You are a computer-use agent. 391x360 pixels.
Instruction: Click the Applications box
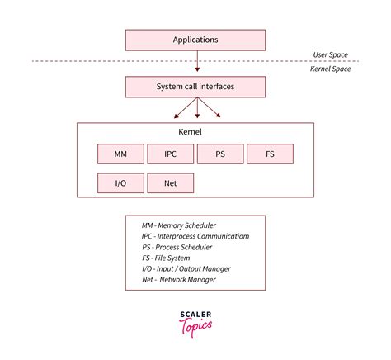(x=195, y=40)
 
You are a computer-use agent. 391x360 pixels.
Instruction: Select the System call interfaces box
(x=195, y=87)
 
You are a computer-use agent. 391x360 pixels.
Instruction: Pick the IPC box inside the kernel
(x=170, y=154)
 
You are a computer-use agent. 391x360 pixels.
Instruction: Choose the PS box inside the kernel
(x=219, y=154)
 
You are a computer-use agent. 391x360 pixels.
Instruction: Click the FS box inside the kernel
(x=270, y=154)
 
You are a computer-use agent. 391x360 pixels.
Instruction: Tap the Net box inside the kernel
(x=170, y=182)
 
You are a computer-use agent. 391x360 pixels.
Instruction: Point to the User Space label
(x=330, y=55)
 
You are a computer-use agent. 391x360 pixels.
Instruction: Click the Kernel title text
(x=190, y=132)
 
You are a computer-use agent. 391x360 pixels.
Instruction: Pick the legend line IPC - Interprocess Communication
(x=195, y=236)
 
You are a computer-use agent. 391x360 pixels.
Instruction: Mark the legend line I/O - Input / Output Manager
(x=186, y=268)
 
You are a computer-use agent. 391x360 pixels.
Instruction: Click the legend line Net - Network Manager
(x=178, y=279)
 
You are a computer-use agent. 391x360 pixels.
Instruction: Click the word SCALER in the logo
(x=195, y=315)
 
